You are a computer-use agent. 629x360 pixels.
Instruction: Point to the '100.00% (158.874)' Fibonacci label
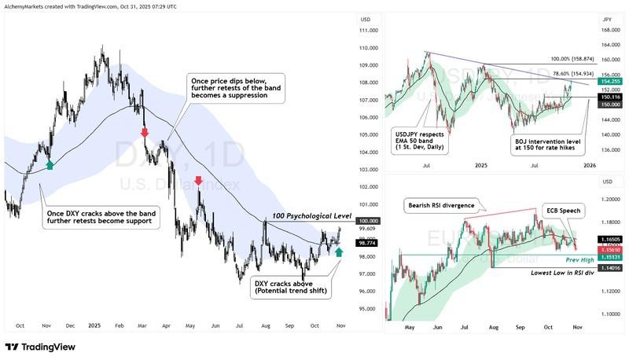[x=559, y=58]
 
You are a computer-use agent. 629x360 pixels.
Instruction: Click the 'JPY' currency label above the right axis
[x=606, y=19]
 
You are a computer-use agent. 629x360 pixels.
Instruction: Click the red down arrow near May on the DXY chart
[x=198, y=182]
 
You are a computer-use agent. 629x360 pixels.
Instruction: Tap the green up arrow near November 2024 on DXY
[x=50, y=164]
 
